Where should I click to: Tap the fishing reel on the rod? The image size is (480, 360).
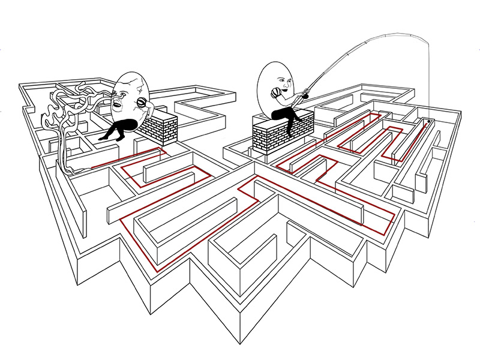coord(305,95)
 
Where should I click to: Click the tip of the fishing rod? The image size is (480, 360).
coord(428,41)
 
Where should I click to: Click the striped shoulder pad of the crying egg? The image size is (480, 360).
coord(142,103)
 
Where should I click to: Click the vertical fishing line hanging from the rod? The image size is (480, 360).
coord(430,84)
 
